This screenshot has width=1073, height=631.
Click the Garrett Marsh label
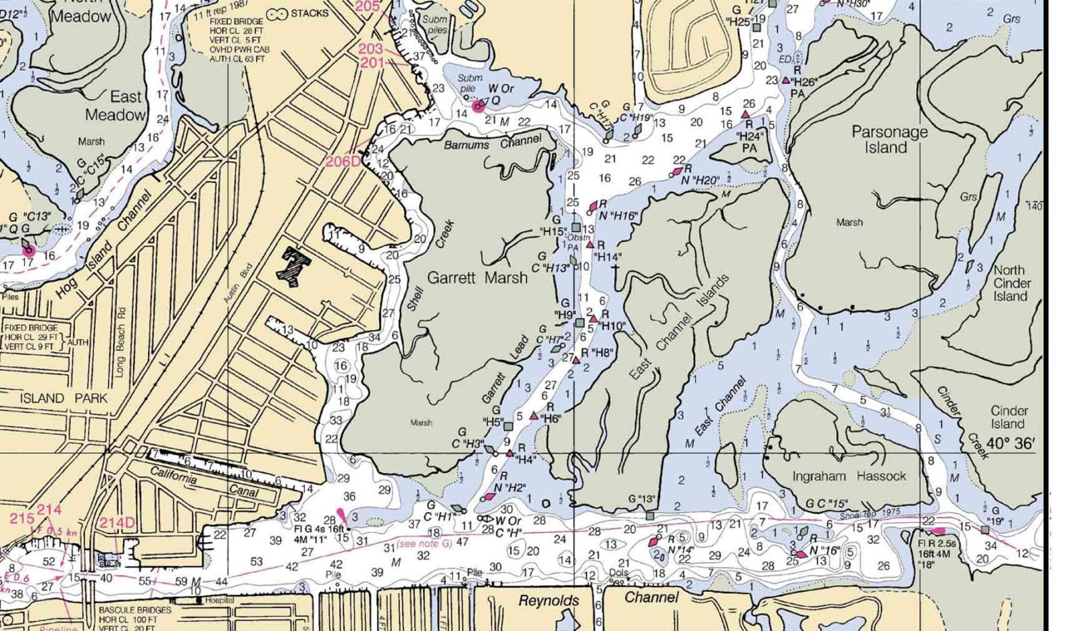[477, 278]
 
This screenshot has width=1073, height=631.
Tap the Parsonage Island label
[889, 140]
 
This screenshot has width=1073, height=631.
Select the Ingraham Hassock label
[849, 476]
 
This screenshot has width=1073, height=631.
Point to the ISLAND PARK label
[64, 398]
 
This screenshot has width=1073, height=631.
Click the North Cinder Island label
[1012, 283]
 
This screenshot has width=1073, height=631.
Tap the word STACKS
[309, 13]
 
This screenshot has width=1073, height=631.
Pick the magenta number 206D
[343, 161]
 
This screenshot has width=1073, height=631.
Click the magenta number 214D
[118, 522]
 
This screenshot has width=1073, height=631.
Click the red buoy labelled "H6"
[534, 416]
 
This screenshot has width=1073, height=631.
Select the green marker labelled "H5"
[508, 426]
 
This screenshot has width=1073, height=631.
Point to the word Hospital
[219, 600]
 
